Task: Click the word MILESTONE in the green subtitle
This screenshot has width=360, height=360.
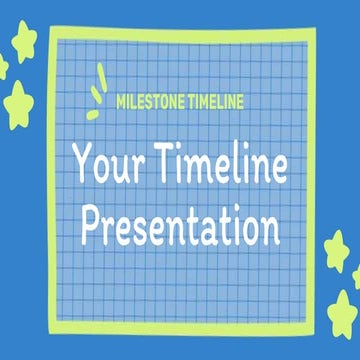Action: point(153,101)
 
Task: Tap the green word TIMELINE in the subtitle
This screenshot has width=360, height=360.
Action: point(215,101)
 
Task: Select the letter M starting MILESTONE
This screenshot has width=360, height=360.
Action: point(122,101)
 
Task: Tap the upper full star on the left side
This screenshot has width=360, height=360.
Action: point(23,41)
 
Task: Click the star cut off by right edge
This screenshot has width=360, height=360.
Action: point(355,277)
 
